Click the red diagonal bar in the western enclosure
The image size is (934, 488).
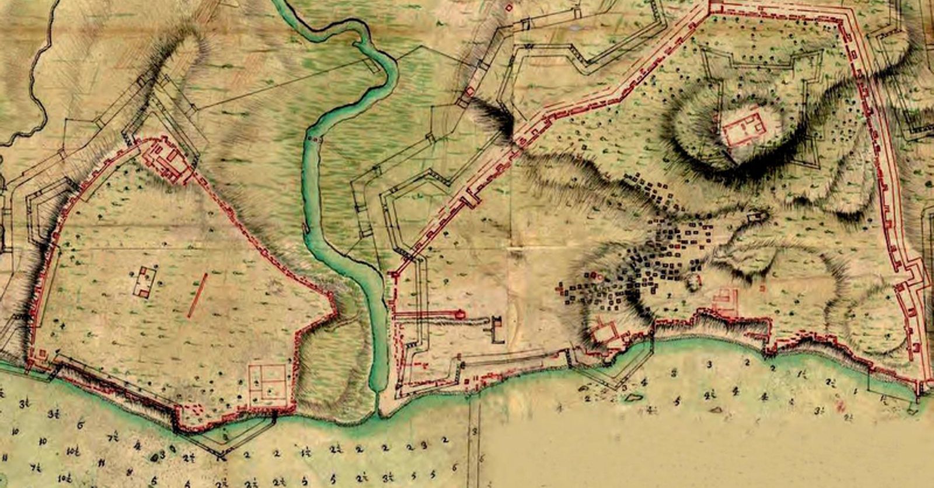click(x=197, y=296)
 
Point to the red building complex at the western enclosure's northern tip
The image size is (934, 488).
click(x=169, y=159)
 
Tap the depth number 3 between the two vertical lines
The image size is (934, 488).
click(x=475, y=431)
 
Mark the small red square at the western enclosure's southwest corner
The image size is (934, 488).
click(x=43, y=354)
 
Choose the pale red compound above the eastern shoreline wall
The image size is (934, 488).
click(x=724, y=301)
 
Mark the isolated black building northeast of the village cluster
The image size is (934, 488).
click(x=758, y=217)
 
